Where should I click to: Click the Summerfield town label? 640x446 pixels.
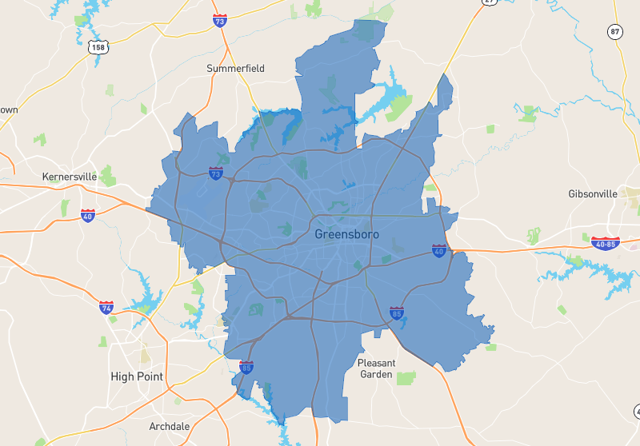point(235,69)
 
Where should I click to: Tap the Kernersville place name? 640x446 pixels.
point(70,176)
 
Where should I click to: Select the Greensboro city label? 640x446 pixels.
point(346,234)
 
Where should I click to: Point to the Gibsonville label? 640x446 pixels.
point(593,194)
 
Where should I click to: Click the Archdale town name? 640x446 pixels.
point(170,426)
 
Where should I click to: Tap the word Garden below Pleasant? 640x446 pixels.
point(376,374)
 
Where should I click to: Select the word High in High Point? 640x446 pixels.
point(122,376)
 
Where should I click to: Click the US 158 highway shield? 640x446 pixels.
point(99,48)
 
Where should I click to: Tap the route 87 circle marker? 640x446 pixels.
point(614,32)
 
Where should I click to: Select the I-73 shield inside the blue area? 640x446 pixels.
point(215,173)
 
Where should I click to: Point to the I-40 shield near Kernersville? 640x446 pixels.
point(88,215)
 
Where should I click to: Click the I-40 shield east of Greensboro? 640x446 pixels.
point(438,251)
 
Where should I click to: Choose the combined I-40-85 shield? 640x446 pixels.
point(606,243)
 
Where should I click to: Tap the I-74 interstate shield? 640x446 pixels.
point(106,308)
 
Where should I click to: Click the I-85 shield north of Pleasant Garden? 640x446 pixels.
point(396,312)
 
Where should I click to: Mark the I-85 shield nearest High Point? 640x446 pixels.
point(246,366)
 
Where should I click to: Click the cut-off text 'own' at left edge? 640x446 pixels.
point(8,110)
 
